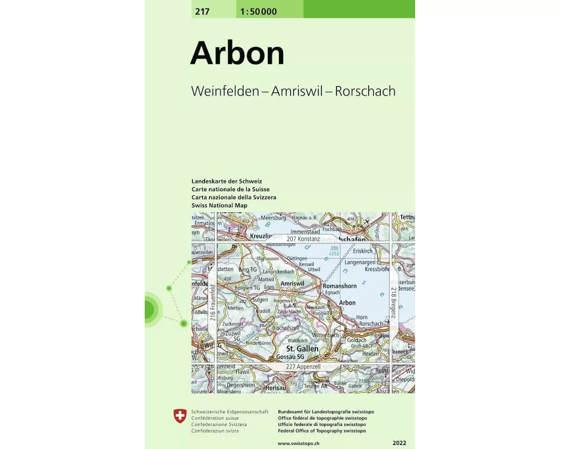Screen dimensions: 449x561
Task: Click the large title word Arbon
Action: (x=237, y=53)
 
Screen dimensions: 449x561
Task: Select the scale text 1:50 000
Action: (x=258, y=11)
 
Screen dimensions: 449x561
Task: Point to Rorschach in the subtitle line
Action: (x=365, y=91)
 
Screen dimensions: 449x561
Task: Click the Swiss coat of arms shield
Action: (x=180, y=416)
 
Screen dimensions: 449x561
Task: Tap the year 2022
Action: (x=400, y=443)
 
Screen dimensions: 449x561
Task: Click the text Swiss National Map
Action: (x=219, y=205)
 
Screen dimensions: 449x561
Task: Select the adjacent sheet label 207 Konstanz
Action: (x=303, y=239)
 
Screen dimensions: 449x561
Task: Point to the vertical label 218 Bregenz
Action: (x=394, y=303)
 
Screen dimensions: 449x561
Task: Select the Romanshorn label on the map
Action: (x=339, y=286)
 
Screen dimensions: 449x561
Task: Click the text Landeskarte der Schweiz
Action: (x=227, y=182)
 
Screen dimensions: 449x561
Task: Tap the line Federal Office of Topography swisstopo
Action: (x=321, y=431)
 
